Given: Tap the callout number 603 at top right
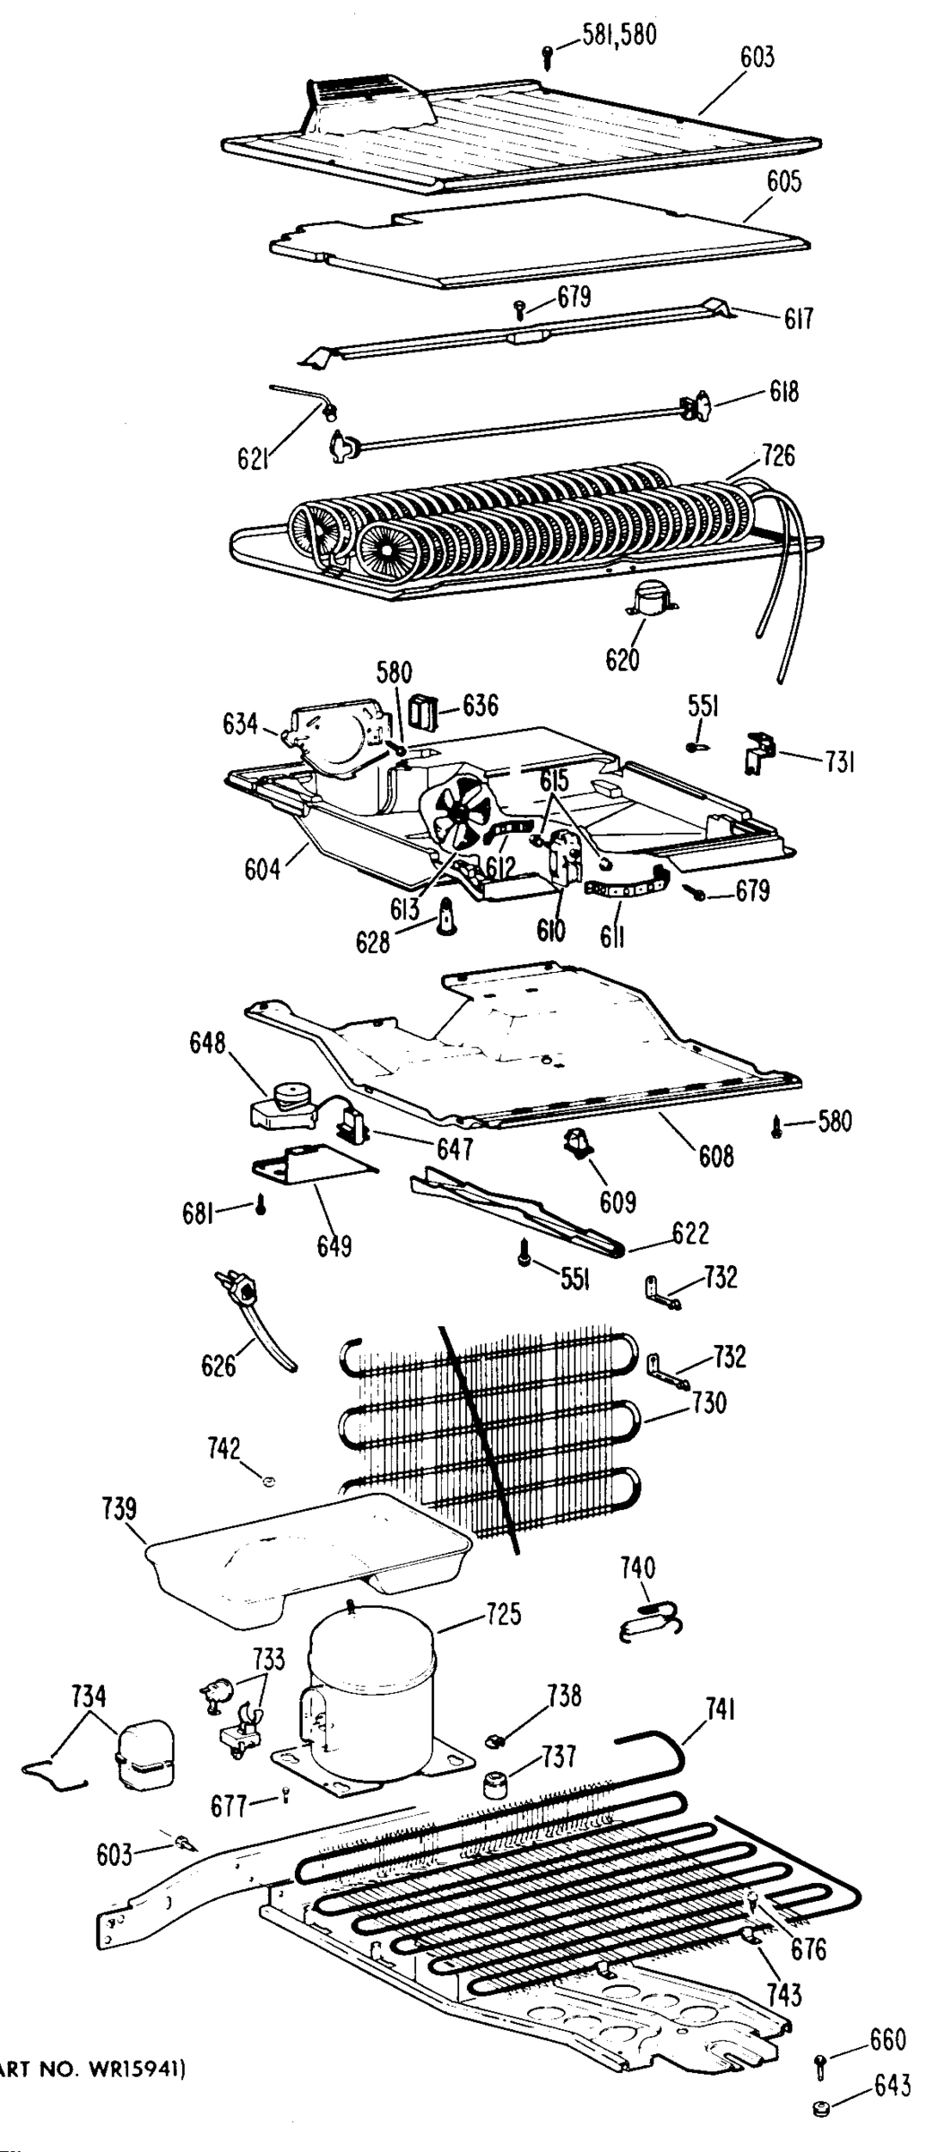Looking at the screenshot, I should point(757,58).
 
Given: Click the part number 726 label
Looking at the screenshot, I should point(777,456).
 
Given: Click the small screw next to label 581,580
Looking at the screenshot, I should point(549,56).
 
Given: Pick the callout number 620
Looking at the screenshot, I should point(622,660).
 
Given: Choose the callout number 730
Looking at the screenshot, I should point(708,1401).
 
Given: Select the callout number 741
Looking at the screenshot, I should point(720,1710).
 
